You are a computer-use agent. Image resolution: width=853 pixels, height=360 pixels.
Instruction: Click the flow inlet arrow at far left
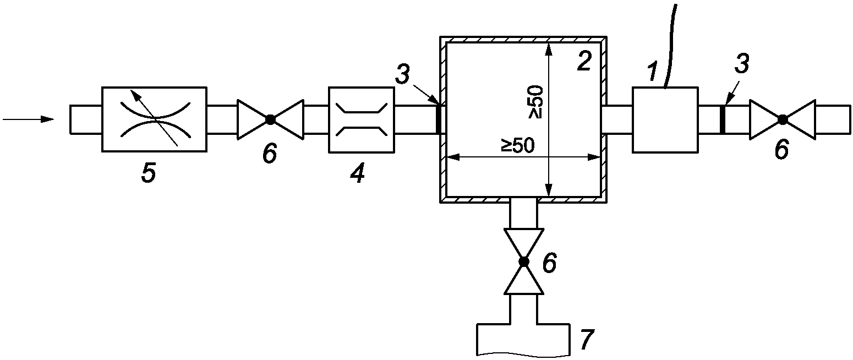[x=28, y=119]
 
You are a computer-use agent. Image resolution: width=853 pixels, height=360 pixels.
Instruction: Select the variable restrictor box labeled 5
[x=154, y=119]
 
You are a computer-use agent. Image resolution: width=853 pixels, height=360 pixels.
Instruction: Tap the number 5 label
[x=149, y=173]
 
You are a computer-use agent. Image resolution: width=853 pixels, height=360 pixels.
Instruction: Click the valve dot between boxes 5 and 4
[x=270, y=119]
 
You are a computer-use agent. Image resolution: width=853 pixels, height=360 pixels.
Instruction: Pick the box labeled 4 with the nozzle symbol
[x=362, y=120]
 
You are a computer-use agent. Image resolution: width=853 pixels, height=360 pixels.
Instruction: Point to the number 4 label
[x=357, y=173]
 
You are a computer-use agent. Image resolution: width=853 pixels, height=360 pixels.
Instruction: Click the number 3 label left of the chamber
[x=402, y=74]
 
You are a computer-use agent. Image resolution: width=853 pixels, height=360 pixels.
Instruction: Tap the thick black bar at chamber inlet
[x=438, y=119]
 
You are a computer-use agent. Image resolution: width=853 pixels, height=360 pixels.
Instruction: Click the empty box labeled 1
[x=665, y=120]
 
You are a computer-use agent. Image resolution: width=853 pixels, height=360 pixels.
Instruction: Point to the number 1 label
[x=653, y=72]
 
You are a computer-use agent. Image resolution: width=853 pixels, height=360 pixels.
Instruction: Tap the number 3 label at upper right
[x=742, y=64]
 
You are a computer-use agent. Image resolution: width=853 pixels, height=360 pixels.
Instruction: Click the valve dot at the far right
[x=783, y=119]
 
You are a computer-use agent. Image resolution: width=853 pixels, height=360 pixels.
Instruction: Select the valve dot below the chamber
[x=524, y=261]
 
